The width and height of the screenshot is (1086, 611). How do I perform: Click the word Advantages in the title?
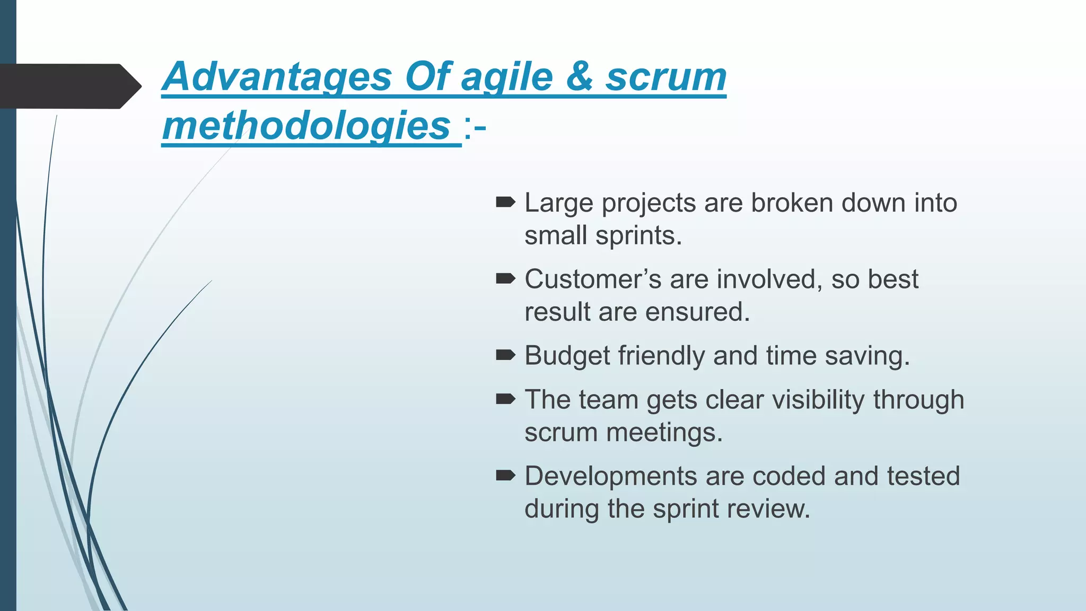(x=277, y=77)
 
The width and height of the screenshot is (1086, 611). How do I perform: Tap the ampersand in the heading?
(x=579, y=77)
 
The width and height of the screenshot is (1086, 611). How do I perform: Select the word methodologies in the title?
(x=306, y=126)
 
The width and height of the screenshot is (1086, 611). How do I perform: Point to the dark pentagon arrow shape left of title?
(x=69, y=86)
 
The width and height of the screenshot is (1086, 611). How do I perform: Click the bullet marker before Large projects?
(x=505, y=202)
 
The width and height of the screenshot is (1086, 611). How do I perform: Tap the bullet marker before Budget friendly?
(x=505, y=355)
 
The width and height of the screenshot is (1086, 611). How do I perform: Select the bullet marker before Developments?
(x=505, y=475)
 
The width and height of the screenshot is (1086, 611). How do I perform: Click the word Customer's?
(x=592, y=279)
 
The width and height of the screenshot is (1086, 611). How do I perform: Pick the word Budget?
(x=567, y=356)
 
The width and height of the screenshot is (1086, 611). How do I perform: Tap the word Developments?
(x=610, y=476)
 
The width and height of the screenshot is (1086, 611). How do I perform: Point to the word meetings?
(x=664, y=433)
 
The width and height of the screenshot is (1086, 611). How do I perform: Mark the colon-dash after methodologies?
(x=475, y=127)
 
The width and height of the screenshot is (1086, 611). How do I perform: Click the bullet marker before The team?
(x=505, y=399)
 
